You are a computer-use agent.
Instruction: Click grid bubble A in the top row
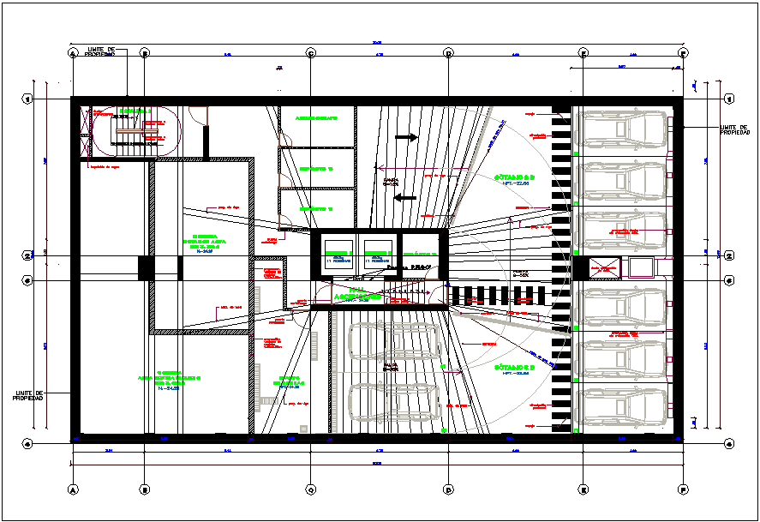tap(73, 53)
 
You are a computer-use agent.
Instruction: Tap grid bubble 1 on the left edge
tap(27, 99)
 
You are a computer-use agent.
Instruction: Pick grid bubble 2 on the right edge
tap(728, 255)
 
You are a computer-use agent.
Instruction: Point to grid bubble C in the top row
tap(311, 53)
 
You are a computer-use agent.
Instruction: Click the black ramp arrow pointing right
tap(405, 136)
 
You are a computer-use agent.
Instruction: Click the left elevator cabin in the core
tap(337, 254)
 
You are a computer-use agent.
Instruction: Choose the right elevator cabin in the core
tap(378, 254)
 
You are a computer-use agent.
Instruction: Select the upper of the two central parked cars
tap(393, 342)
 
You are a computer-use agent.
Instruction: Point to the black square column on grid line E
tap(580, 268)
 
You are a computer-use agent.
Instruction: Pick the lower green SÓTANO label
tap(514, 369)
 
